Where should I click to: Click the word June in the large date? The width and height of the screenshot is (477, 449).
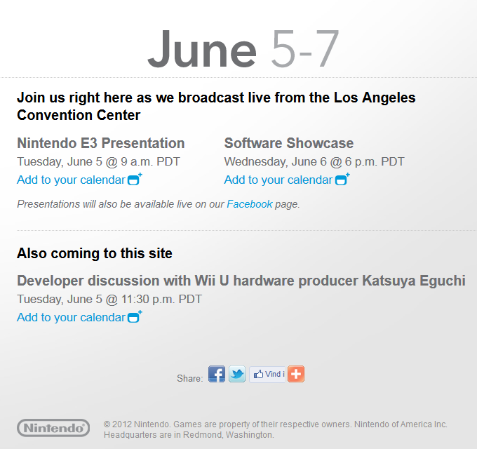click(x=202, y=48)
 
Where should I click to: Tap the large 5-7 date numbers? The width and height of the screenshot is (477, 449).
click(x=305, y=48)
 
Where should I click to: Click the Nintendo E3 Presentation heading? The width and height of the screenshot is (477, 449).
click(x=101, y=143)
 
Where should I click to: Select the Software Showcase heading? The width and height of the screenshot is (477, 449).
click(x=289, y=143)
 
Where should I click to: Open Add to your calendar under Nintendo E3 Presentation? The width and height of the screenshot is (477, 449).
click(x=71, y=180)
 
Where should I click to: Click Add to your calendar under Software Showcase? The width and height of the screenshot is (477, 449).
click(x=278, y=180)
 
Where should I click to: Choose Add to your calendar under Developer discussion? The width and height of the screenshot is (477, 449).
click(x=71, y=317)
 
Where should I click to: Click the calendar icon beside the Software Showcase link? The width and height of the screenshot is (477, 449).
click(x=342, y=179)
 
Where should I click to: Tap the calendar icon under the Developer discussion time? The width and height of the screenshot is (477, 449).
click(x=135, y=316)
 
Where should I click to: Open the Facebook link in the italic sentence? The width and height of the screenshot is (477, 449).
click(x=250, y=204)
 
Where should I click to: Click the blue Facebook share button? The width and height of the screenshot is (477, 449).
click(x=217, y=374)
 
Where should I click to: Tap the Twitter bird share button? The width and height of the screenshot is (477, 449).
click(x=237, y=374)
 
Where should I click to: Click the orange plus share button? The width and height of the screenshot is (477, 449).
click(x=296, y=374)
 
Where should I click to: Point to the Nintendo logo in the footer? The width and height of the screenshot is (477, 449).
click(x=53, y=428)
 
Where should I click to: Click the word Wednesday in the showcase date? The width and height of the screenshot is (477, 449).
click(x=256, y=162)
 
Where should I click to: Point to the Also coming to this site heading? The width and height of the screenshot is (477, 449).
click(x=95, y=253)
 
